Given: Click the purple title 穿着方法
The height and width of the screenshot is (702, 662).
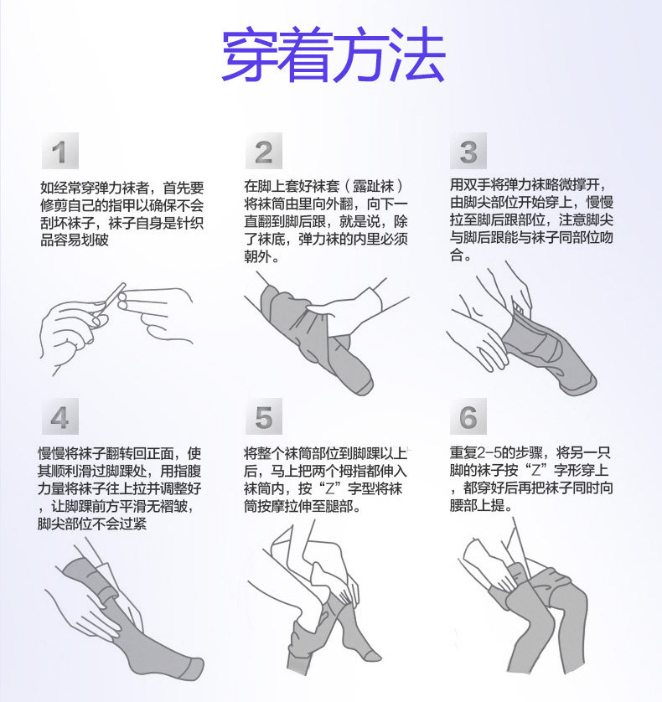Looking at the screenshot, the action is point(334,54).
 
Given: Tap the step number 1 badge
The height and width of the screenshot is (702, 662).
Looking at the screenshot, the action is point(60,151).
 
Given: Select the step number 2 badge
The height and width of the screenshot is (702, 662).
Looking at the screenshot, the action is point(264,151).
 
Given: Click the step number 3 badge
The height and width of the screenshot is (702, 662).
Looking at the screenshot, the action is point(468,151).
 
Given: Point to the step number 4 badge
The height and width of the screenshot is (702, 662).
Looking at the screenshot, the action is point(60,416).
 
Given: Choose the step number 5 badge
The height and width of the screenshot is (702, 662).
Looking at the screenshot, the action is point(264,416).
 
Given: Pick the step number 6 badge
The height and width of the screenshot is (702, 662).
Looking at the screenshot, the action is point(468,416).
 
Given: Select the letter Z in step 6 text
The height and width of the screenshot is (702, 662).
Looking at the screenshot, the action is point(535,471).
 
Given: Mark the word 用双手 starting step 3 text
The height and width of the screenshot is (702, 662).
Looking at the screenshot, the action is point(470,184).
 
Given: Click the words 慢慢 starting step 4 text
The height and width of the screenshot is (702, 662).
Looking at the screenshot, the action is point(51,453).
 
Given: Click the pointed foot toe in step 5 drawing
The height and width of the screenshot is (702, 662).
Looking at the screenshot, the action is point(374,656).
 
